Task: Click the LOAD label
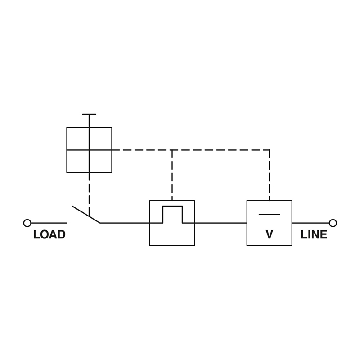49,235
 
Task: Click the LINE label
314,235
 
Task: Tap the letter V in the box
269,235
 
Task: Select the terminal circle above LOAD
27,223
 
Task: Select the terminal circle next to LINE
333,223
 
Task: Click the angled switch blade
86,215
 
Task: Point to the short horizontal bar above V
269,214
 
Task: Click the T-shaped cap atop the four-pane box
89,115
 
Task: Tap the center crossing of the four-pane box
89,150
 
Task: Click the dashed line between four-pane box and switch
89,193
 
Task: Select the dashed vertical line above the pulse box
172,175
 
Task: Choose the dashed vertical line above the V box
269,175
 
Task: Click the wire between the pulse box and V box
220,223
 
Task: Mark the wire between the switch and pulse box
125,223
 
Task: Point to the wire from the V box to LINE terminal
310,223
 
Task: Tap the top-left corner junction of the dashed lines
172,150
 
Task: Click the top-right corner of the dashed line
269,150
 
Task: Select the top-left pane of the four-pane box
78,139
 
